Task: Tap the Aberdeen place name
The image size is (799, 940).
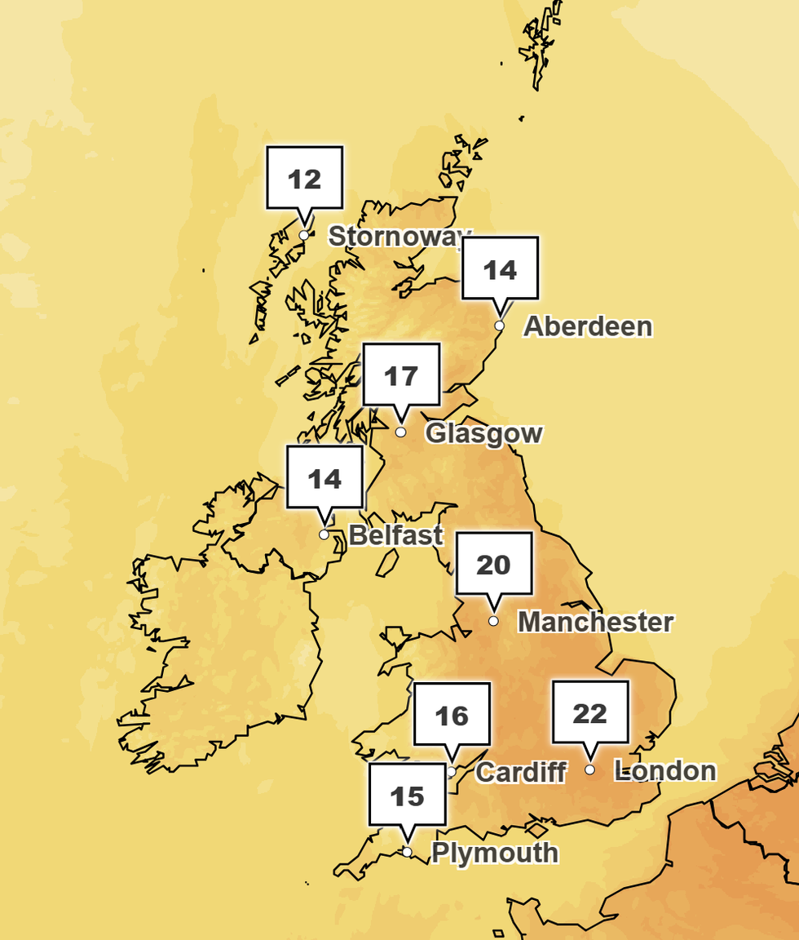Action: (587, 326)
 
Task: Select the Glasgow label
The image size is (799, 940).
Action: (483, 432)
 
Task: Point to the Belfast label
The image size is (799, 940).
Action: (395, 535)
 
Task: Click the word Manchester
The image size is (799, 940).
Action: (595, 622)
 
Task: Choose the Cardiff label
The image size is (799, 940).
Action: (520, 772)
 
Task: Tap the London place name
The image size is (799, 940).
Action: (665, 770)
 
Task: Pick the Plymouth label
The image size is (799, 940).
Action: (495, 853)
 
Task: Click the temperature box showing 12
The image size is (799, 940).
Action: (305, 179)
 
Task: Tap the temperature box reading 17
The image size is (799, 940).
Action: (400, 376)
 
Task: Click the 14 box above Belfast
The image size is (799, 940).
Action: (324, 478)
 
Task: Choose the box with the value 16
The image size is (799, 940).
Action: (452, 716)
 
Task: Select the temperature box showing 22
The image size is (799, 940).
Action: (590, 713)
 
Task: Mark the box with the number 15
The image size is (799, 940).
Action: (407, 795)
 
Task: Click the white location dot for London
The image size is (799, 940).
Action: (589, 769)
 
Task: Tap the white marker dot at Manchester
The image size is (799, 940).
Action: (493, 621)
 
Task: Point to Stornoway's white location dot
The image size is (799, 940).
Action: (304, 235)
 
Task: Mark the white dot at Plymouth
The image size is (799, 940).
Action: (407, 852)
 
